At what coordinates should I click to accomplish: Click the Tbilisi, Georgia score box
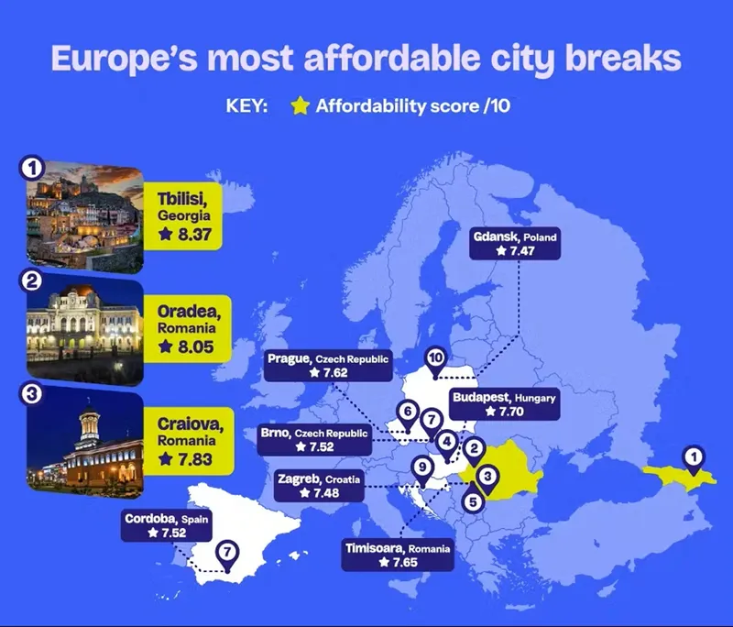coord(182,216)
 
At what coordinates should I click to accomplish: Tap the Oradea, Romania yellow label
coord(188,329)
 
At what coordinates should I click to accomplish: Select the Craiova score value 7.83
coord(195,459)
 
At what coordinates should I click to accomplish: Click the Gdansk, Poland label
coord(515,244)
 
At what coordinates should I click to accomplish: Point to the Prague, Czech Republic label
coord(328,365)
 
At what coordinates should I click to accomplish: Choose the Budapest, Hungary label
coord(505,404)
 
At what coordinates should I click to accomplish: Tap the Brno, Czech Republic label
coord(314,439)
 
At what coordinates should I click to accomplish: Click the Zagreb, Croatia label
coord(319,486)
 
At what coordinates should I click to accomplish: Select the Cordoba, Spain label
coord(167,525)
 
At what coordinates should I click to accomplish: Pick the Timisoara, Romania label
coord(398,555)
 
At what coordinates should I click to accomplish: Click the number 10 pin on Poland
coord(435,363)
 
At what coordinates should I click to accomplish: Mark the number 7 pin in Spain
coord(227,556)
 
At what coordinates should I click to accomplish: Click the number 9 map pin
coord(422,471)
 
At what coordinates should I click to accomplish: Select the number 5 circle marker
coord(473,502)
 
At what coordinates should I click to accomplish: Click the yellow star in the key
coord(300,105)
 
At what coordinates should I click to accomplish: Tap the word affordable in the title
coord(392,59)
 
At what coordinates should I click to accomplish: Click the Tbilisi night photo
coord(84,217)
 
